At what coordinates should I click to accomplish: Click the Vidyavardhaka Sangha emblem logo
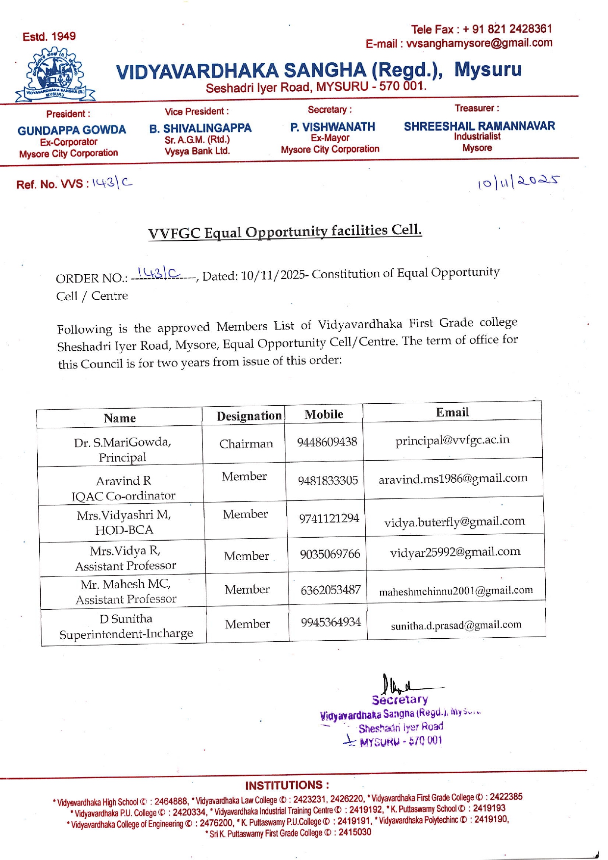tap(55, 75)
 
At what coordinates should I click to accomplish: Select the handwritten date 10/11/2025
tap(518, 182)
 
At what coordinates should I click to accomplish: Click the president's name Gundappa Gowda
tap(72, 130)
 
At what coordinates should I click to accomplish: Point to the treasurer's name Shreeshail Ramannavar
tap(479, 126)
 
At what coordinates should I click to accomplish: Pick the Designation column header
tap(249, 416)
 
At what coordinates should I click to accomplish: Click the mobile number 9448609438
tap(327, 442)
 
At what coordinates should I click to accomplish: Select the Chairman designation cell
tap(246, 443)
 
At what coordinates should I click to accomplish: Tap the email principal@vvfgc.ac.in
tap(452, 440)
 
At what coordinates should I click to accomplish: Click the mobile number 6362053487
tap(330, 590)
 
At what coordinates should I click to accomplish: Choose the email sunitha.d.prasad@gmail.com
tap(456, 625)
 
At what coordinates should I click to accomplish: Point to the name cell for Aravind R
tap(123, 488)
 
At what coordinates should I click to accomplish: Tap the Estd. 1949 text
tap(49, 36)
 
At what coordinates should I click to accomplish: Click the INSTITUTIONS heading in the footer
tap(287, 785)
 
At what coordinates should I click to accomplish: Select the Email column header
tap(452, 412)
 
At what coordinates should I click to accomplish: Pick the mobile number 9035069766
tap(330, 554)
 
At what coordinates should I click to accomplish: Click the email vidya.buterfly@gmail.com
tap(455, 521)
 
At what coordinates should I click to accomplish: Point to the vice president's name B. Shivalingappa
tap(200, 128)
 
